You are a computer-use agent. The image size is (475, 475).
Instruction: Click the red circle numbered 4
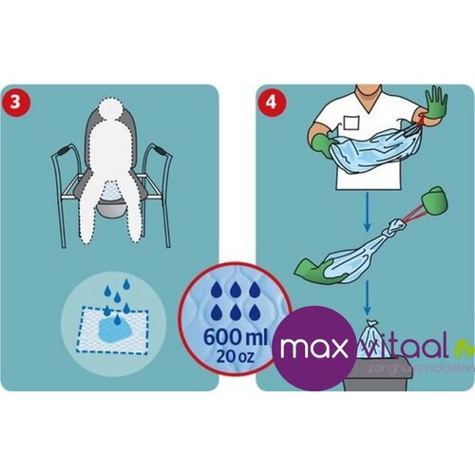[x=273, y=102]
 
